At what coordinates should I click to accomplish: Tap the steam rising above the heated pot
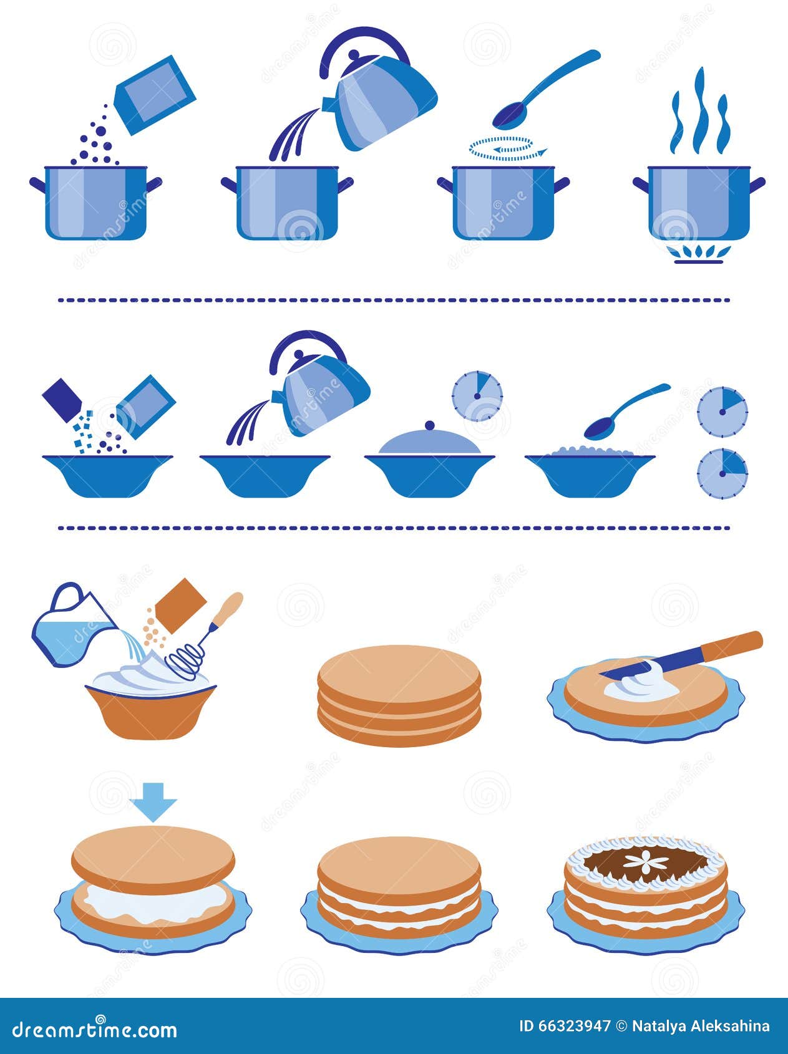tap(699, 112)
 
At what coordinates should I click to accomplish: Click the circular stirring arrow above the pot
tap(508, 148)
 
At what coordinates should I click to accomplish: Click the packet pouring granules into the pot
tap(155, 94)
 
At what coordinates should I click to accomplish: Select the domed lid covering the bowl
tap(429, 442)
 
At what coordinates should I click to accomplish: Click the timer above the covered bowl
tap(477, 396)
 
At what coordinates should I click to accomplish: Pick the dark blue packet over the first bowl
tap(62, 399)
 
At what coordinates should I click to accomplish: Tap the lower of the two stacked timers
tap(722, 473)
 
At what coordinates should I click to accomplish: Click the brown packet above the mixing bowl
tap(180, 606)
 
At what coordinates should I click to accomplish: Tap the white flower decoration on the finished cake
tap(646, 863)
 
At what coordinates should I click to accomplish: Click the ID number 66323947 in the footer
tap(565, 1027)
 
